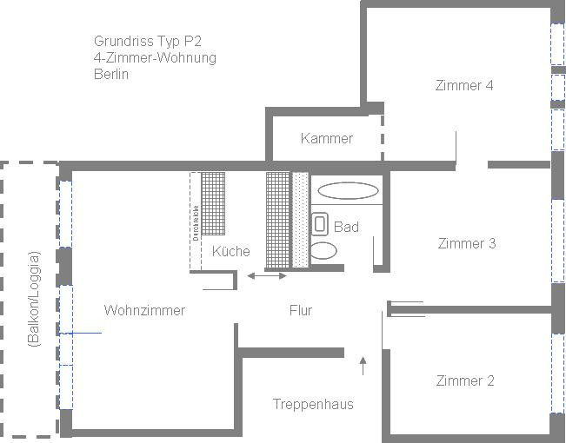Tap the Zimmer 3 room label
tap(467, 243)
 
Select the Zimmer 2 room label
tap(465, 380)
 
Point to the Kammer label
tap(327, 138)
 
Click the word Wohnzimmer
tap(144, 310)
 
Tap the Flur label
tap(301, 310)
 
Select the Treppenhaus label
tap(313, 404)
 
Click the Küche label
tap(230, 251)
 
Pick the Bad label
tap(346, 227)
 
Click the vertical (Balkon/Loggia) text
tap(34, 299)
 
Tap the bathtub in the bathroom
tap(348, 190)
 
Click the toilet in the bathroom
tap(323, 251)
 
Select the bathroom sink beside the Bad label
tap(319, 222)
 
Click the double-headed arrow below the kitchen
tap(266, 276)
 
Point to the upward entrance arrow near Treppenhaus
tap(363, 365)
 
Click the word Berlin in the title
tap(111, 75)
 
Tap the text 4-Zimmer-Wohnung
tap(155, 57)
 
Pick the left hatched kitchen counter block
tap(213, 202)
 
